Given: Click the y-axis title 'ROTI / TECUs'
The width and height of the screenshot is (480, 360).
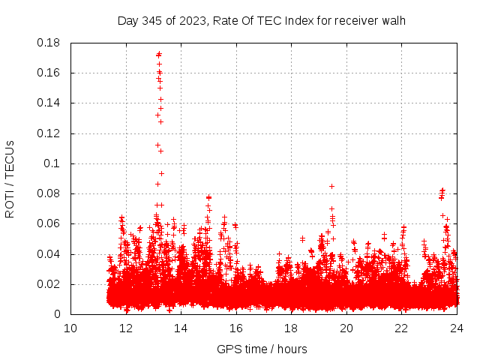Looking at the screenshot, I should [10, 178].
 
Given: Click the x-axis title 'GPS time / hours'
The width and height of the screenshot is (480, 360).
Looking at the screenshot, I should [262, 349].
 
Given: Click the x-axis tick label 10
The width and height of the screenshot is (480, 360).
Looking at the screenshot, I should [70, 328].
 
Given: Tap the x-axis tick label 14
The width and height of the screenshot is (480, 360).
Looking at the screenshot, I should [181, 328].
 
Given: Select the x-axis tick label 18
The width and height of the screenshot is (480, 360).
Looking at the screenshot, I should [291, 328].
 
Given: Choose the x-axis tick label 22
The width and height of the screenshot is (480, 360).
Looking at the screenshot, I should [401, 328].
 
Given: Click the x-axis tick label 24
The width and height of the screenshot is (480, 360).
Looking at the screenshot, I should [456, 328].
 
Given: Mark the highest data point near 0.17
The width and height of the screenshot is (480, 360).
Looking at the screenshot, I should [159, 54].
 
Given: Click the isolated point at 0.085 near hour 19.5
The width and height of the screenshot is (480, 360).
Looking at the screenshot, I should [331, 186].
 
